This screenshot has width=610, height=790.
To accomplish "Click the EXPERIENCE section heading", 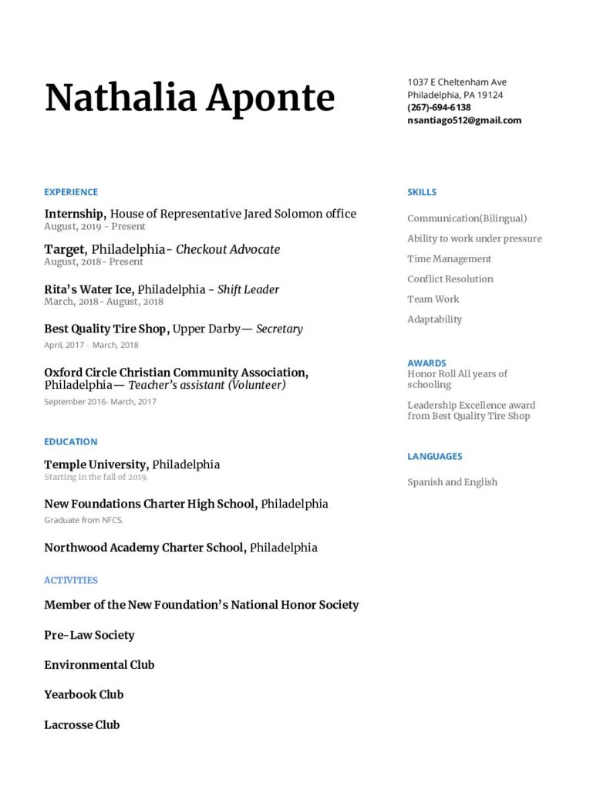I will tap(71, 192).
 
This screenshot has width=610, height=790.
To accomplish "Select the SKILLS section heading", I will tap(422, 192).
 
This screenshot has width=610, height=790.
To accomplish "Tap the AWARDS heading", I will tap(426, 363).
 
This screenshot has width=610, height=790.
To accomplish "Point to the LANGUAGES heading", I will tap(435, 456).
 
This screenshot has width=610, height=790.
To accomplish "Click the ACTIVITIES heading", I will tap(71, 580).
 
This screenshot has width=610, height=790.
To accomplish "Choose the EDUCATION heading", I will tap(71, 441).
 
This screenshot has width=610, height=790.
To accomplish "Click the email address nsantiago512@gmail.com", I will tap(464, 120).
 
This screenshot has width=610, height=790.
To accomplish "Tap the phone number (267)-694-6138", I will tap(439, 107).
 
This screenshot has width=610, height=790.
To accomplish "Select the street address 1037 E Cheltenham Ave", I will tap(457, 82).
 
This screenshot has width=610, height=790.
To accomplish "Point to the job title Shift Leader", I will tap(248, 289).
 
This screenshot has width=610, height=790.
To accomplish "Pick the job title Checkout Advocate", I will tap(228, 249).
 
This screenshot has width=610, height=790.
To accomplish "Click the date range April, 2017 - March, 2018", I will tap(91, 345).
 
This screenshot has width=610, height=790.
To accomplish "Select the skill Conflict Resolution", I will tap(450, 279).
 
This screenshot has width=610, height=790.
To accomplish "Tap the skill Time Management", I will tap(449, 258).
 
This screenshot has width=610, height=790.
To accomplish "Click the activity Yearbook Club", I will tap(84, 694).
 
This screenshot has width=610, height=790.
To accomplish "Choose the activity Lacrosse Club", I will tap(82, 724).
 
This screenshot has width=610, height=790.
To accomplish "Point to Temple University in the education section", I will tap(95, 464).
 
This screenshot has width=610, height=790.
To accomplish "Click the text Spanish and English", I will tap(452, 482).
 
